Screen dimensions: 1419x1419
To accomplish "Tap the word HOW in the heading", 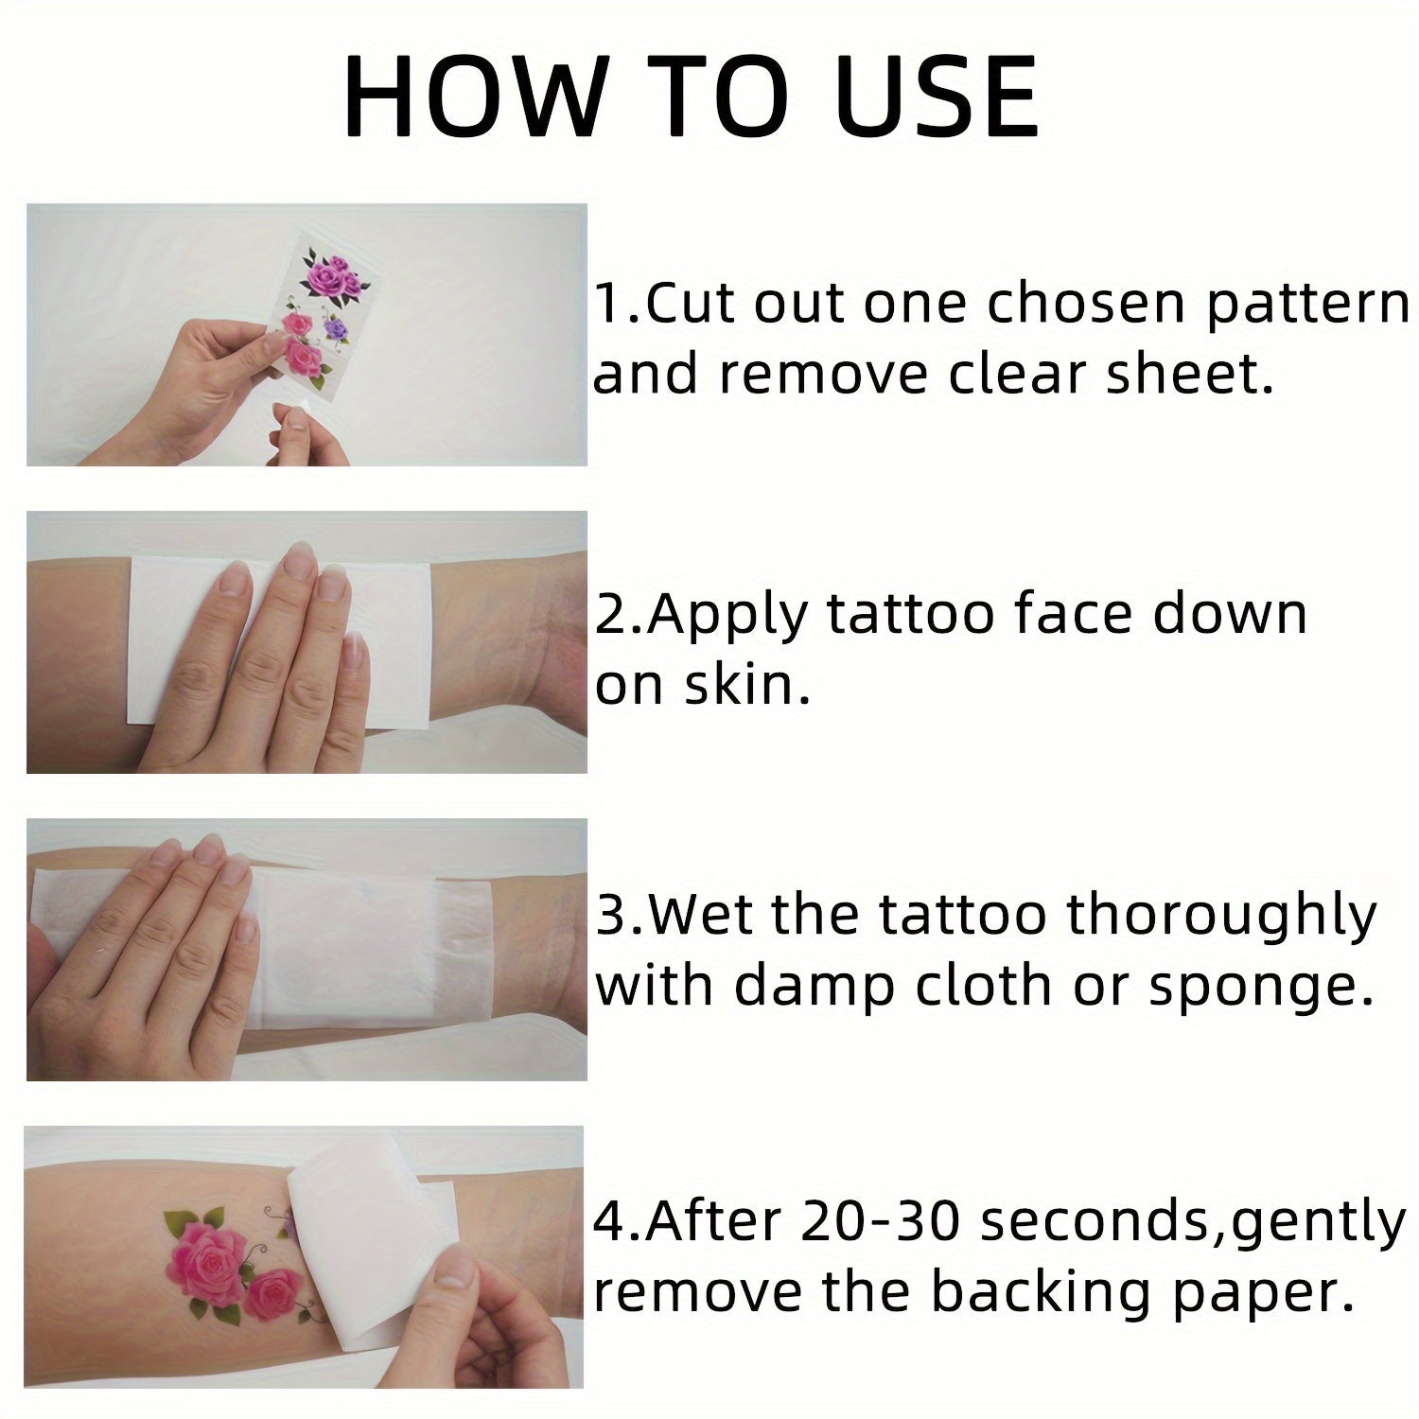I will pos(473,96).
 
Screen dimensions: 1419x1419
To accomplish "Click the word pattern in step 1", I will pos(1308,305).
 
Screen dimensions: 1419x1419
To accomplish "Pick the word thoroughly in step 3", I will pos(1221,918).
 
